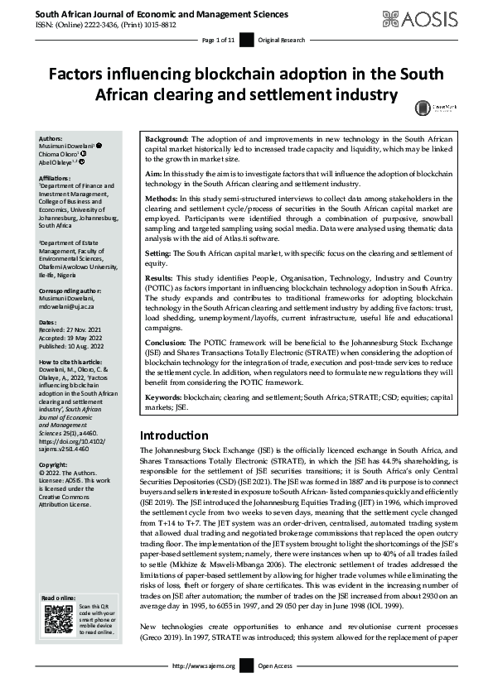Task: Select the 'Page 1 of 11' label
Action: [x=220, y=40]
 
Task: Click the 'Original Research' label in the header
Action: [x=280, y=40]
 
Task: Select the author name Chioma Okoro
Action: [x=62, y=152]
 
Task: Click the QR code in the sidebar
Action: [x=57, y=619]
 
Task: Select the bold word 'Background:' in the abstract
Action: [x=167, y=137]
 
